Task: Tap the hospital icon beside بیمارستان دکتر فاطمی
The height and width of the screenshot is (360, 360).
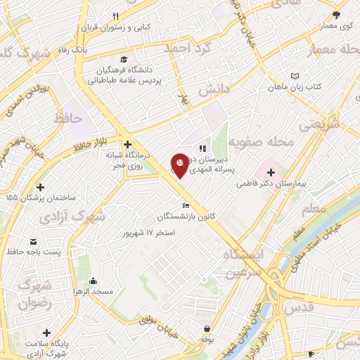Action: point(271,172)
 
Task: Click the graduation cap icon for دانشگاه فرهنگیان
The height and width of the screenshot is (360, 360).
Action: point(124,59)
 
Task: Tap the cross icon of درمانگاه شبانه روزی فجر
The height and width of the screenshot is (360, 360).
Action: point(127,144)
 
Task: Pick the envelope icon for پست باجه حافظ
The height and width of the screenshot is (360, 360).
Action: point(33,241)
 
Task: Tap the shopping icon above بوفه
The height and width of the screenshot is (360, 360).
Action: point(207,328)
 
